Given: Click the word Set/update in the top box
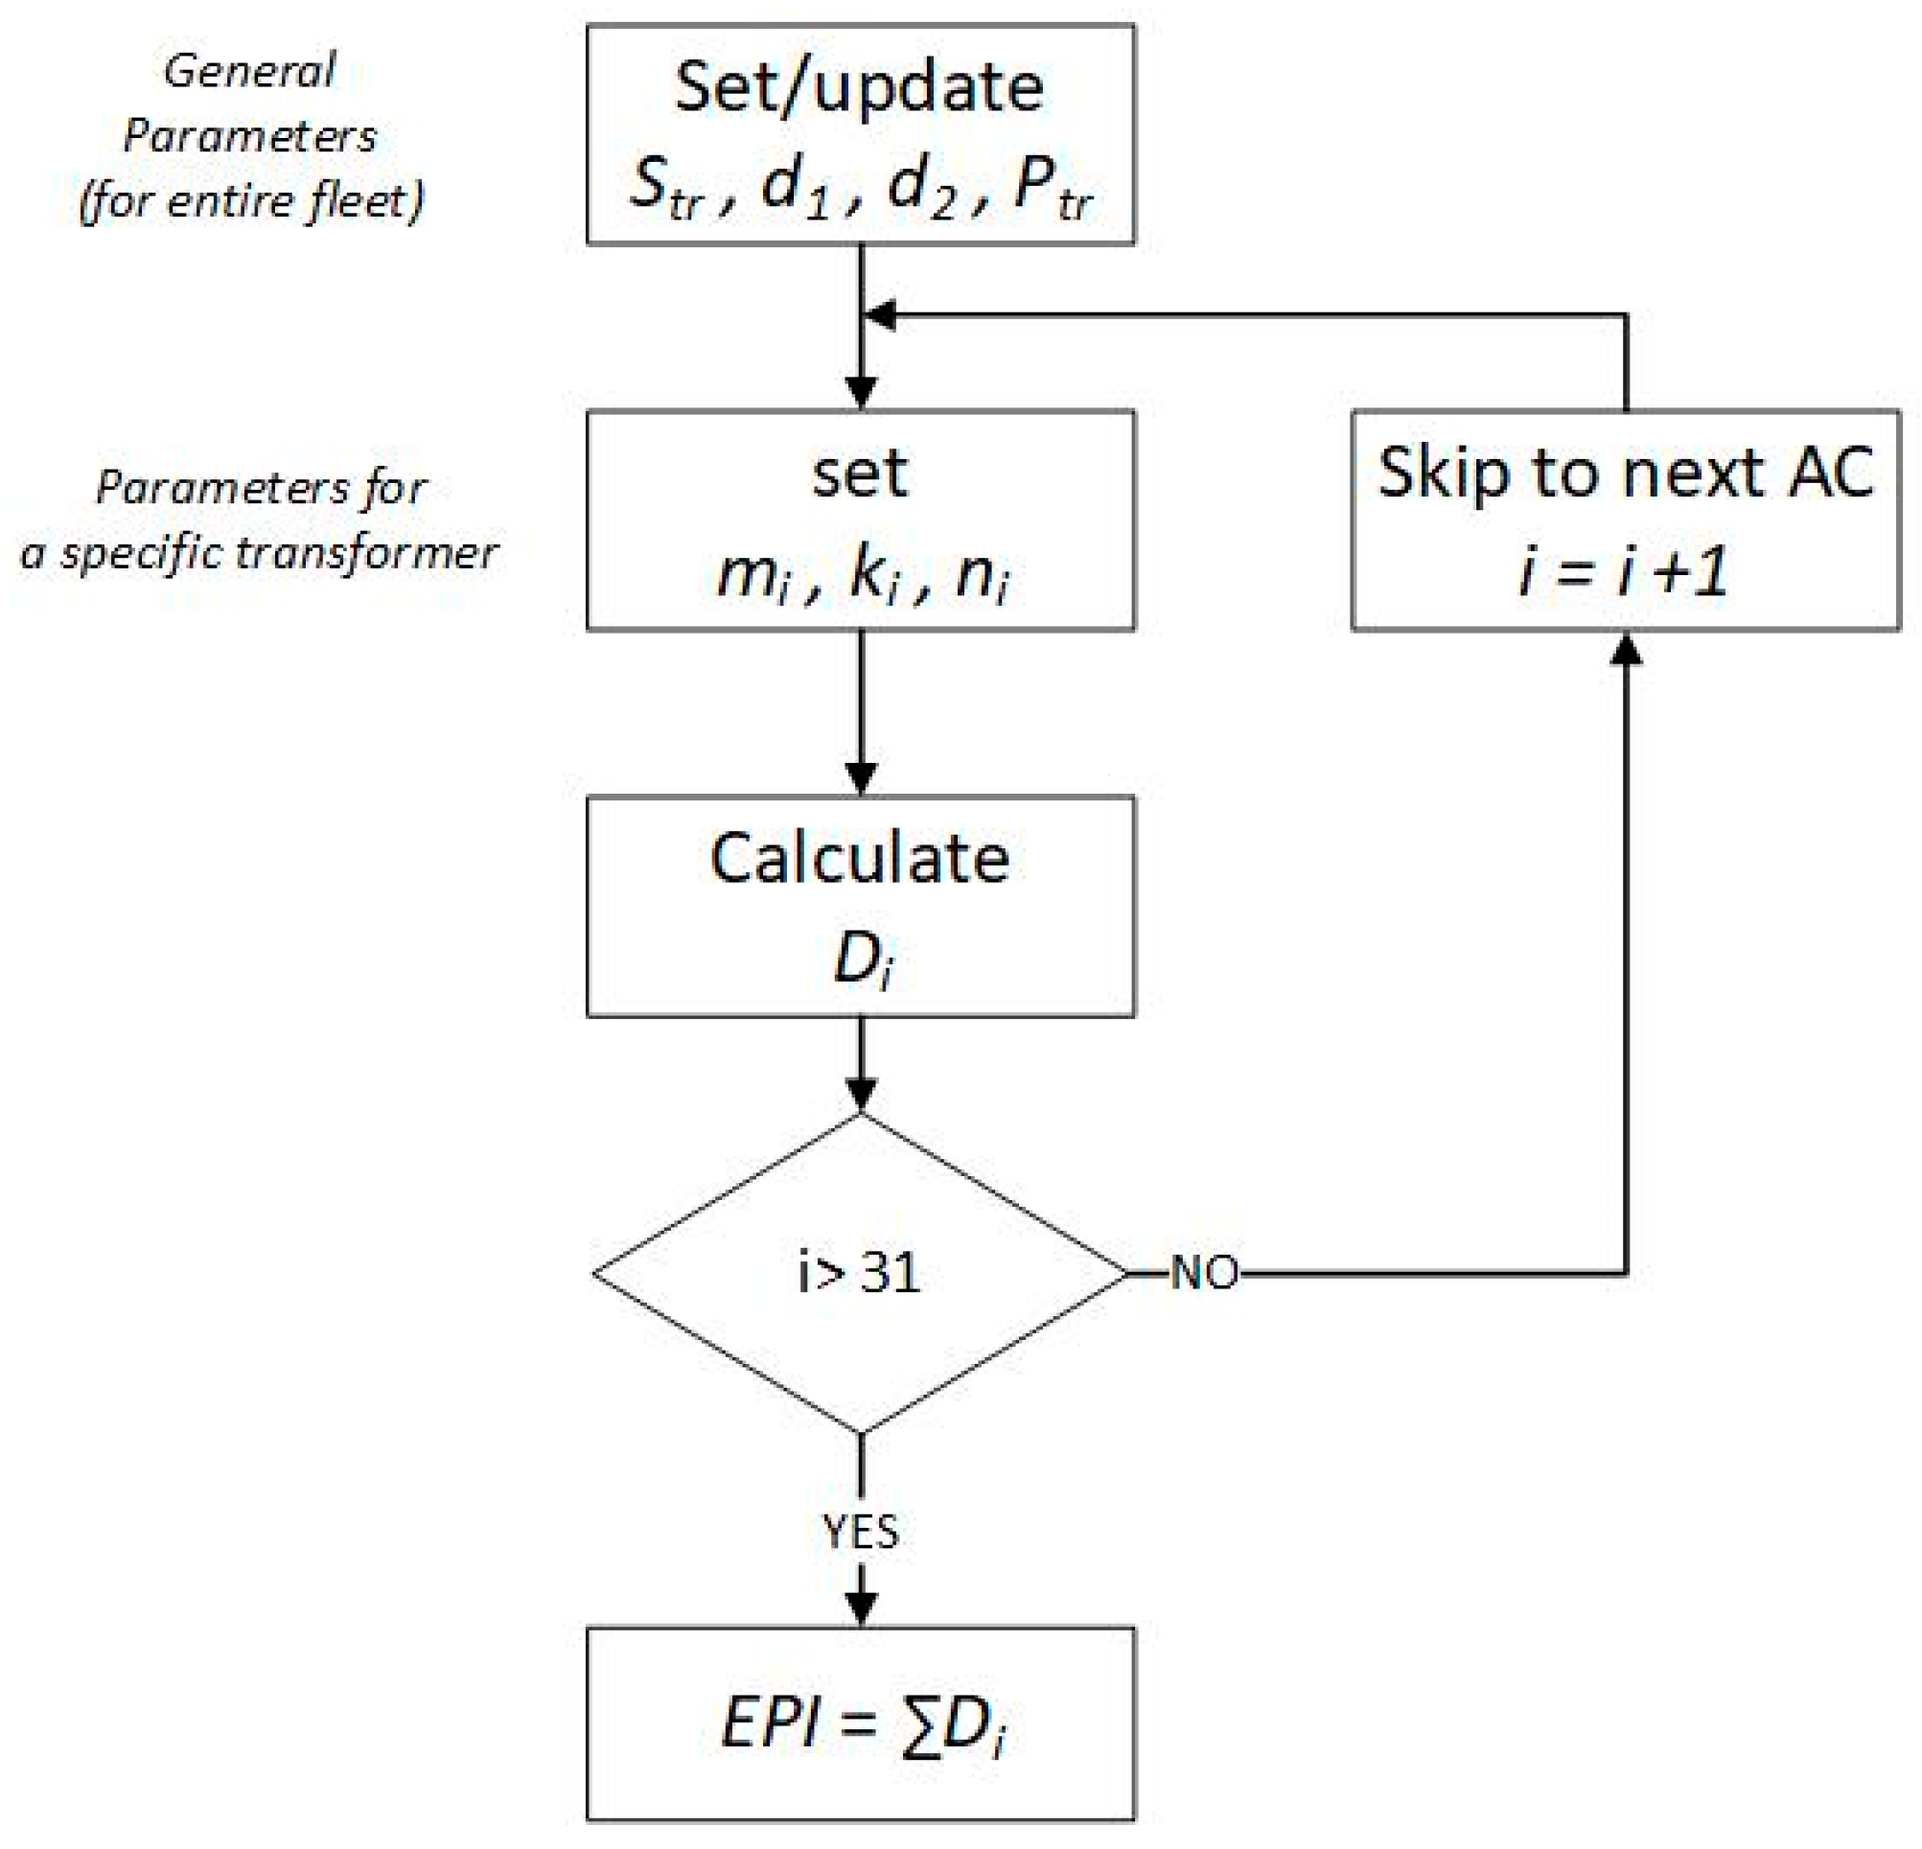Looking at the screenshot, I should [x=859, y=88].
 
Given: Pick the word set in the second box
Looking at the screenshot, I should [x=859, y=474].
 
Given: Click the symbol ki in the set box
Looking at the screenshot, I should [x=872, y=575].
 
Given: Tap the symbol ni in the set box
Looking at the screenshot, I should [x=981, y=575].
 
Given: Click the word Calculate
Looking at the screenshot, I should [x=859, y=860].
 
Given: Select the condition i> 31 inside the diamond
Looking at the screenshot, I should [x=859, y=1274].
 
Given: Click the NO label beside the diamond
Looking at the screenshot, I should [x=1204, y=1274].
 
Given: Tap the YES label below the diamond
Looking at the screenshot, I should [x=860, y=1532].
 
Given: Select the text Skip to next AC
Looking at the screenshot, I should [x=1625, y=474].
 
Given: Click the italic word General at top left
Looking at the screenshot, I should [x=249, y=72].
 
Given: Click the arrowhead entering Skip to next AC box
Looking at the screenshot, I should [x=1626, y=649].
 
